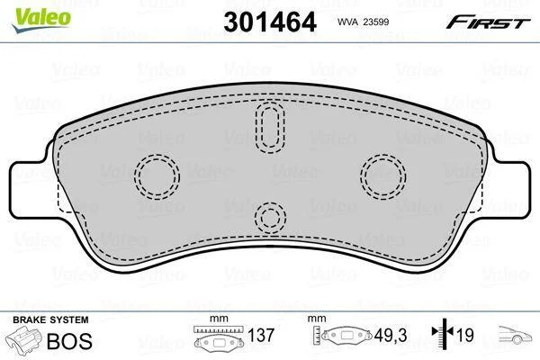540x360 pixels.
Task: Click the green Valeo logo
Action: pyautogui.click(x=41, y=20)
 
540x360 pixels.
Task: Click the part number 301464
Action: pyautogui.click(x=270, y=22)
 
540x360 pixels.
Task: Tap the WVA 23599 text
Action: pyautogui.click(x=364, y=22)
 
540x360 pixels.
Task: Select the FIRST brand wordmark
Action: pyautogui.click(x=489, y=22)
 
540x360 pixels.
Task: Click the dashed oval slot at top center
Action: pyautogui.click(x=270, y=127)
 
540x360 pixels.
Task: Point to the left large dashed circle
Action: pyautogui.click(x=157, y=176)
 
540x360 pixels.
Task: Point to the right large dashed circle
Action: pyautogui.click(x=383, y=176)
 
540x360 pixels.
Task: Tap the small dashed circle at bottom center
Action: pyautogui.click(x=270, y=217)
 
